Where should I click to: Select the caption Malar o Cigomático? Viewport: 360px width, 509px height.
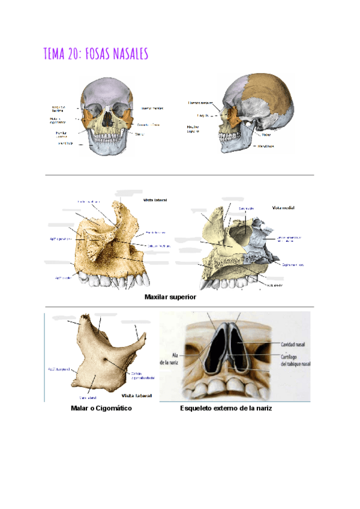point(101,408)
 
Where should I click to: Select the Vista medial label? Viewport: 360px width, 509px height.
point(283,208)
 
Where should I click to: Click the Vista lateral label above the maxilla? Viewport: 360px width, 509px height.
point(155,199)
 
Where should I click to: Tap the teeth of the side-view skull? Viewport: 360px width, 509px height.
point(225,137)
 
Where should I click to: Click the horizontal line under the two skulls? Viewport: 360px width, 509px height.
point(179,175)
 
